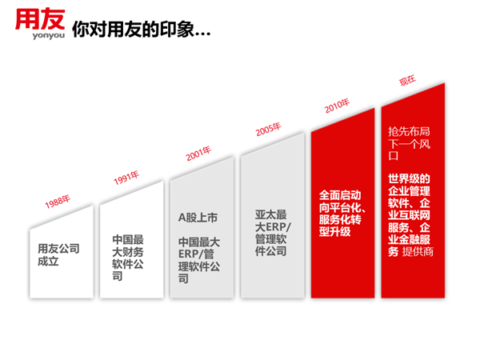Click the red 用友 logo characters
point(40,19)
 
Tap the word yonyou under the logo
point(48,35)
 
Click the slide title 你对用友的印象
point(133,30)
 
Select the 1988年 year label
point(58,202)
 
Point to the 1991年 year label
point(126,178)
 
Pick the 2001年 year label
point(198,154)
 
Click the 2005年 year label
point(268,129)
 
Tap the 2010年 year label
point(337,106)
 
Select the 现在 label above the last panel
point(407,81)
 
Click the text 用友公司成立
point(58,254)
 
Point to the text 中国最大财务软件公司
point(128,258)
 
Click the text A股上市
point(198,218)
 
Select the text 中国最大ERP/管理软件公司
point(199,260)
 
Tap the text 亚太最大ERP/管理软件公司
point(273,233)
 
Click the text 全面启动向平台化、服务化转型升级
point(342,214)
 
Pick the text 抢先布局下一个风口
point(409,143)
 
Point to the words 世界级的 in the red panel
point(409,178)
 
